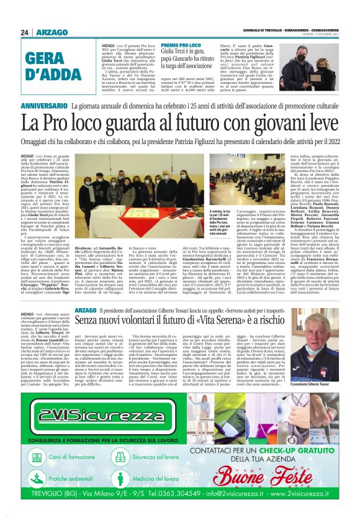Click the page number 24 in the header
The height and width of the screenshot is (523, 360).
coord(25,32)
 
